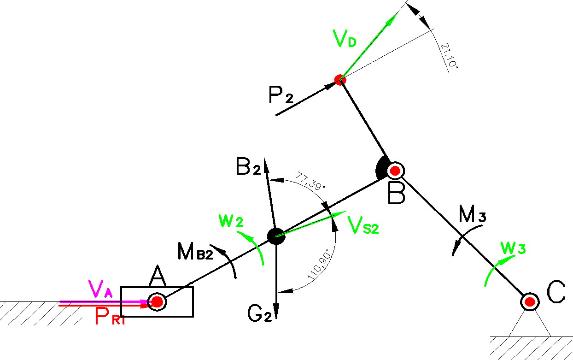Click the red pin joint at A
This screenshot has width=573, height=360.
157,302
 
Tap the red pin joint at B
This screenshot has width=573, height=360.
395,171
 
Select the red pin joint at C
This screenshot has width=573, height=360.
530,302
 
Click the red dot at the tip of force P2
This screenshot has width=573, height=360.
340,80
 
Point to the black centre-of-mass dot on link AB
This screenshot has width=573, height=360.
275,236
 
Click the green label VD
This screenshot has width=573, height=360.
345,40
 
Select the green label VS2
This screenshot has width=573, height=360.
363,225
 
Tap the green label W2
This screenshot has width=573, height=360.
231,221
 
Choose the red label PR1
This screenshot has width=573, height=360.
110,317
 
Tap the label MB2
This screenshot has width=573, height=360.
195,252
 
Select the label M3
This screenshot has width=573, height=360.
473,214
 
